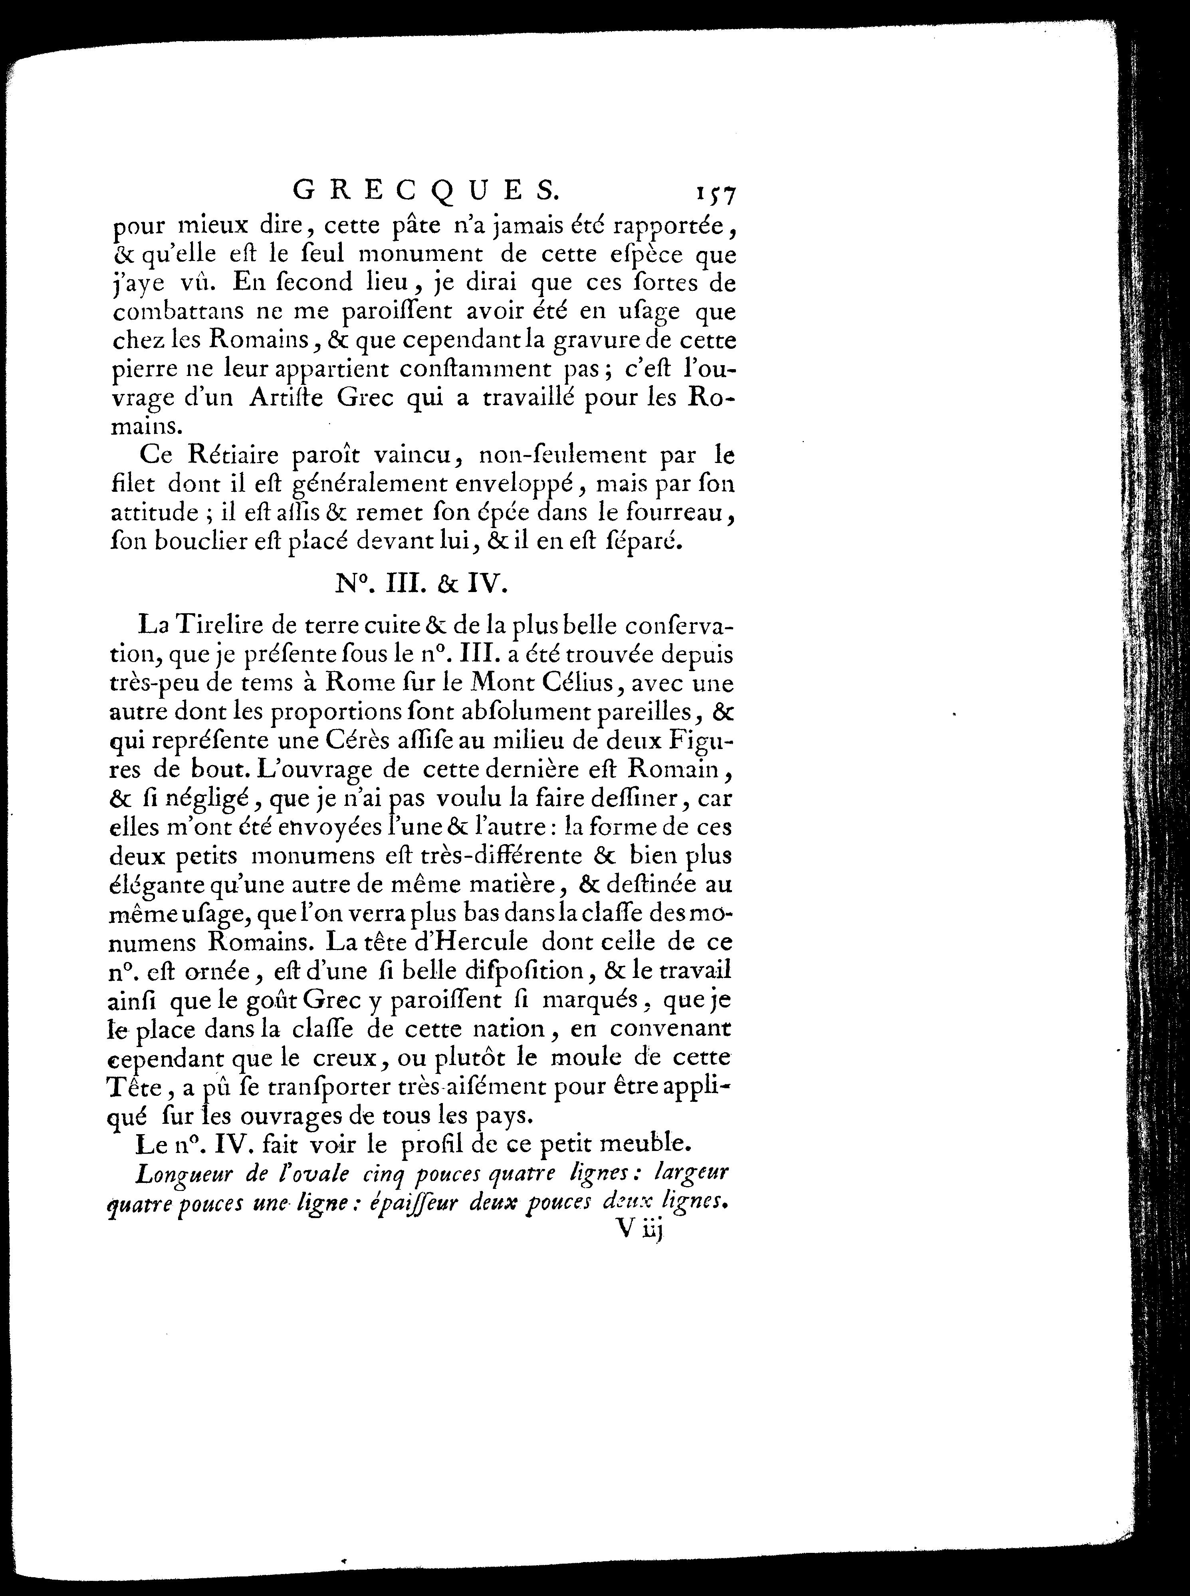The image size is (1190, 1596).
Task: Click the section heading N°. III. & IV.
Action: coord(422,584)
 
